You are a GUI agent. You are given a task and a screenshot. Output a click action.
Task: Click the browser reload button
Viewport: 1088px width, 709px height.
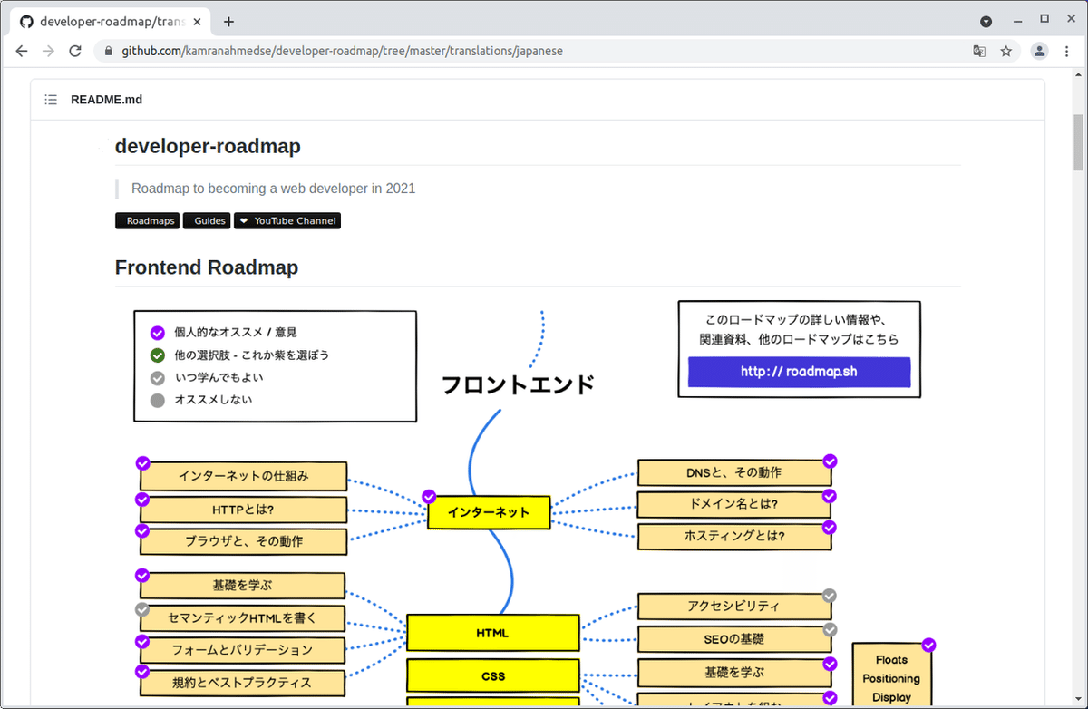75,51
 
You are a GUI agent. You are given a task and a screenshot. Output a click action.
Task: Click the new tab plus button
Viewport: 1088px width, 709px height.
228,22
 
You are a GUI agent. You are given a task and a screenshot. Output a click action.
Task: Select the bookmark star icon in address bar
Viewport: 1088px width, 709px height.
1005,51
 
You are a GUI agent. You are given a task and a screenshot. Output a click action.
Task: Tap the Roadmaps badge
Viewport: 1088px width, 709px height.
147,220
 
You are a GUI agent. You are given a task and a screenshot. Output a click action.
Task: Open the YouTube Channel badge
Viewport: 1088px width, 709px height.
287,220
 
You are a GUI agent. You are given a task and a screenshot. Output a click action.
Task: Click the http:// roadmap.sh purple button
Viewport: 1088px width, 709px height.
799,372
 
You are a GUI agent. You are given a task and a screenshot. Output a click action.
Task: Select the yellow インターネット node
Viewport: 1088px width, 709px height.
489,512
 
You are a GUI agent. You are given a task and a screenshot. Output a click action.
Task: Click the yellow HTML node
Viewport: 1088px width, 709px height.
492,633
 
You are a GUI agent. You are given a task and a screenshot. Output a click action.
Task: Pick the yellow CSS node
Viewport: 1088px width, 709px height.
492,675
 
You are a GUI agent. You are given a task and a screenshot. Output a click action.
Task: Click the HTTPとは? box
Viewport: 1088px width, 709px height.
243,510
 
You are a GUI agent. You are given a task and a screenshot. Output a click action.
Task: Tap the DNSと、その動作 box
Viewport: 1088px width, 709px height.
733,472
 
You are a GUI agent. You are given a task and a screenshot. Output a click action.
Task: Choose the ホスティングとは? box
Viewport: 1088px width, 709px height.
733,536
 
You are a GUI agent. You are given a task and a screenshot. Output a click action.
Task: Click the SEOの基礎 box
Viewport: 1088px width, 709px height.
733,638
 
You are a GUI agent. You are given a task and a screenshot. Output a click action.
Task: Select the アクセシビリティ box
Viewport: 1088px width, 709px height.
733,606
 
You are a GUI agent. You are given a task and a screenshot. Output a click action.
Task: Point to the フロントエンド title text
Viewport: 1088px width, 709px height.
518,384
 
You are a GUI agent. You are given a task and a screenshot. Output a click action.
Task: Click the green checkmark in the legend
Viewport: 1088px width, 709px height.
158,354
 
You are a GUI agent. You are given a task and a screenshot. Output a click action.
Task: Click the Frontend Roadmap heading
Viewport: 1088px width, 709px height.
207,267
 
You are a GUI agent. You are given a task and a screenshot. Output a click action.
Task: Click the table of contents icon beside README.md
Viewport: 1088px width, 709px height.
51,100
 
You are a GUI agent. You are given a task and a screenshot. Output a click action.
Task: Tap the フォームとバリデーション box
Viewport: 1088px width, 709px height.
242,649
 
